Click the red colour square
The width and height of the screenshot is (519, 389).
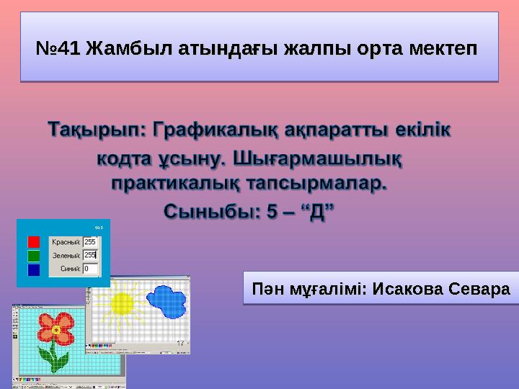point(33,241)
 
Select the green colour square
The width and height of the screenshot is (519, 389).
point(33,255)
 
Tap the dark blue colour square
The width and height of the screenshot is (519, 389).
point(33,269)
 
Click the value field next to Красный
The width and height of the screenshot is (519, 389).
point(92,241)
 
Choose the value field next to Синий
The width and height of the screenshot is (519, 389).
point(92,269)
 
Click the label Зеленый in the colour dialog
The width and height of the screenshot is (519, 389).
point(66,255)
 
